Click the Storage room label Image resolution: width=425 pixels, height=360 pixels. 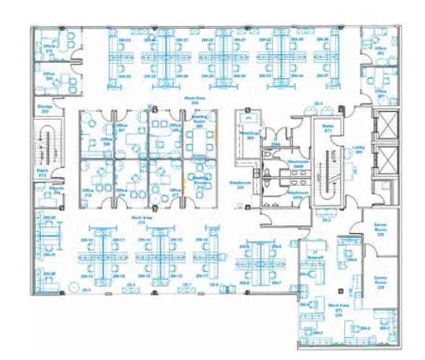(44, 108)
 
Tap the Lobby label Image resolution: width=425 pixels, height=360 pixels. (358, 147)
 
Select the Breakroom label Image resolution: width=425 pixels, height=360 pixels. (238, 184)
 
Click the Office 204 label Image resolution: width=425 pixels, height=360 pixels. (49, 77)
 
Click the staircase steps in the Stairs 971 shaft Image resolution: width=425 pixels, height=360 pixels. (328, 169)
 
